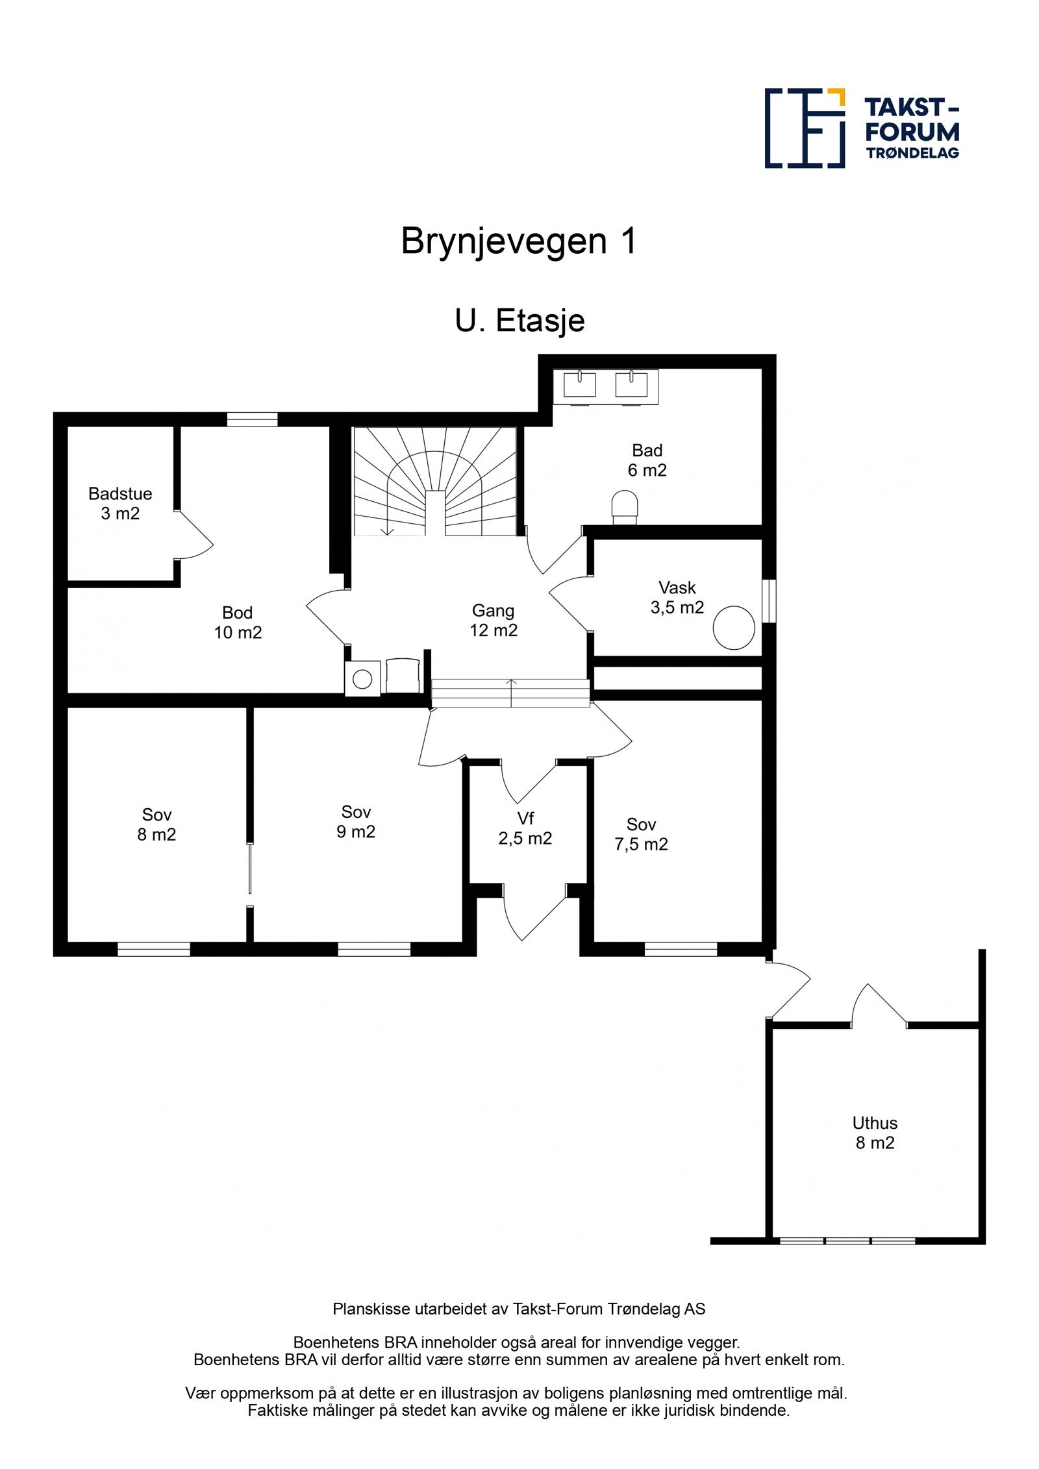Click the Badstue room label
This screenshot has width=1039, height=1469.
pyautogui.click(x=120, y=503)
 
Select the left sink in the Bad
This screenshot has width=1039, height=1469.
pyautogui.click(x=579, y=384)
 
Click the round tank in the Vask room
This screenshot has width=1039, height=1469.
pyautogui.click(x=734, y=627)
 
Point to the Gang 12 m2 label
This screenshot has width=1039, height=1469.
pyautogui.click(x=494, y=620)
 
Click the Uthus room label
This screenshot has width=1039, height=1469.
pyautogui.click(x=875, y=1133)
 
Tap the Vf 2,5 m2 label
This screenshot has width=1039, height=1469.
pyautogui.click(x=525, y=828)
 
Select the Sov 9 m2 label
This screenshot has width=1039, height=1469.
pyautogui.click(x=356, y=822)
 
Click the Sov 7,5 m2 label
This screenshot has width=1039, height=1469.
pyautogui.click(x=641, y=834)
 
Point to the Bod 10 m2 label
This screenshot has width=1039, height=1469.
pyautogui.click(x=238, y=622)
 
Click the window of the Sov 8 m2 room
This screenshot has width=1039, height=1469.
pyautogui.click(x=154, y=949)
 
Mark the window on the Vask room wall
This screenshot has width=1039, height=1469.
pyautogui.click(x=769, y=600)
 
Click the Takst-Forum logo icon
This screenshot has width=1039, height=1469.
pyautogui.click(x=805, y=128)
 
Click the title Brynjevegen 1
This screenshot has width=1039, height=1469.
pyautogui.click(x=519, y=241)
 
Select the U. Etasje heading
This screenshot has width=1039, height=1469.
pyautogui.click(x=519, y=321)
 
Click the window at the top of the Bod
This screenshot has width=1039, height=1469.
pyautogui.click(x=252, y=419)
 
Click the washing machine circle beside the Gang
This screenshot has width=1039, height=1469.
pyautogui.click(x=362, y=679)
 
